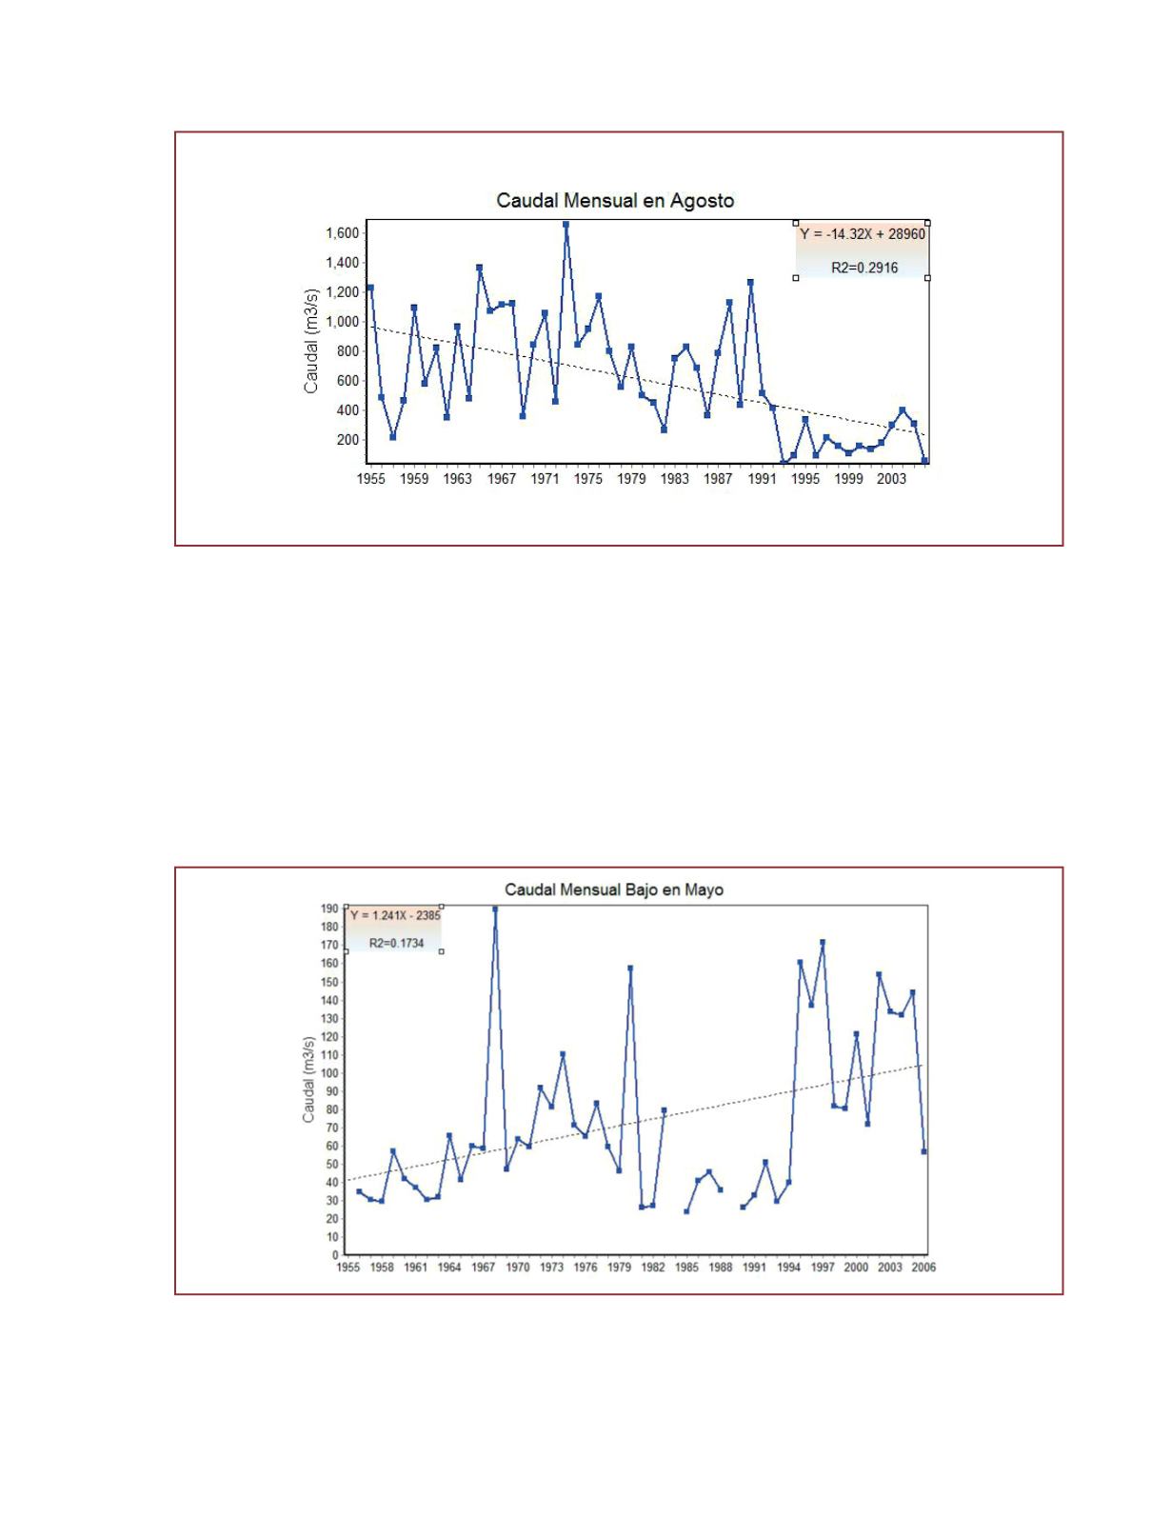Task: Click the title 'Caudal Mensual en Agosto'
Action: click(x=615, y=201)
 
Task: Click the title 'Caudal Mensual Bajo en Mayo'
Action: click(x=614, y=889)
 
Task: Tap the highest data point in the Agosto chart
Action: click(x=566, y=225)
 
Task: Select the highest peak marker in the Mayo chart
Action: click(x=495, y=908)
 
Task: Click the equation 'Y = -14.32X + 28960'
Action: click(x=863, y=234)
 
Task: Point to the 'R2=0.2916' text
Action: click(x=864, y=269)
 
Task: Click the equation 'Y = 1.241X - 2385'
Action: click(x=395, y=915)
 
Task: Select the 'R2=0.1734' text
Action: click(x=396, y=943)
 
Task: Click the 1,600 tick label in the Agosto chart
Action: click(x=342, y=233)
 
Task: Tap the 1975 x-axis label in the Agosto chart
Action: click(x=588, y=479)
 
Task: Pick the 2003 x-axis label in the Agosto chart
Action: click(x=891, y=479)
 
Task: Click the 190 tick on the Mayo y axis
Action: click(x=329, y=908)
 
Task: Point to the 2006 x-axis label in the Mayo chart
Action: click(x=923, y=1267)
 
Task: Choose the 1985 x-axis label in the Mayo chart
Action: click(x=686, y=1267)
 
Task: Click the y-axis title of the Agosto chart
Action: click(x=311, y=340)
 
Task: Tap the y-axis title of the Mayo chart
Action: click(x=308, y=1079)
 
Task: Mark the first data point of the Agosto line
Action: click(x=370, y=288)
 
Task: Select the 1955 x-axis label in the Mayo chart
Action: click(x=348, y=1267)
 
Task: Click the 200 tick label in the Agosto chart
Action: click(x=347, y=440)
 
